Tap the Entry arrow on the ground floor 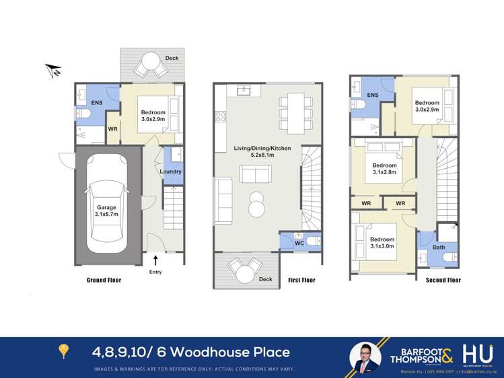(156, 261)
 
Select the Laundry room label (170, 172)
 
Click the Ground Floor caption (104, 280)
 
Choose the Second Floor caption (443, 280)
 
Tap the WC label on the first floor (299, 243)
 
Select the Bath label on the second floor (438, 248)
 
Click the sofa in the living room (256, 176)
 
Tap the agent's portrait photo (365, 356)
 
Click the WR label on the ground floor (113, 128)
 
